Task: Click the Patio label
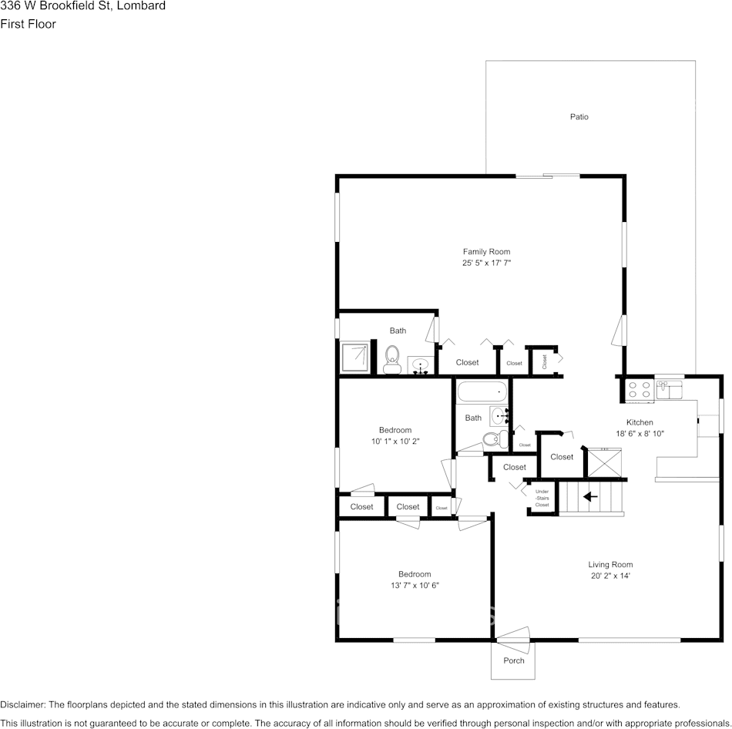pos(579,117)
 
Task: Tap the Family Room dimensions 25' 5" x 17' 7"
pos(486,263)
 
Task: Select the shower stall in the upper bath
pos(356,357)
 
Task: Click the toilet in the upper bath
pos(392,359)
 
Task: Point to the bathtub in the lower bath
pos(482,392)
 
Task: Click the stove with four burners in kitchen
pos(639,389)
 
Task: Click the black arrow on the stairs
pos(590,496)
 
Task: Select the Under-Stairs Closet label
pos(542,498)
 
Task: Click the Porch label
pos(513,660)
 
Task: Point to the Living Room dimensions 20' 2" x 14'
pos(610,576)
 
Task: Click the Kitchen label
pos(640,422)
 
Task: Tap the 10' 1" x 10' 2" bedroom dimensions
pos(395,441)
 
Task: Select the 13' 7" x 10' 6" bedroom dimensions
pos(415,585)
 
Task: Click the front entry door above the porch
pos(512,634)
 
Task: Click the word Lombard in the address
pos(141,6)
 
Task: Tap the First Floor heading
pos(28,24)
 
